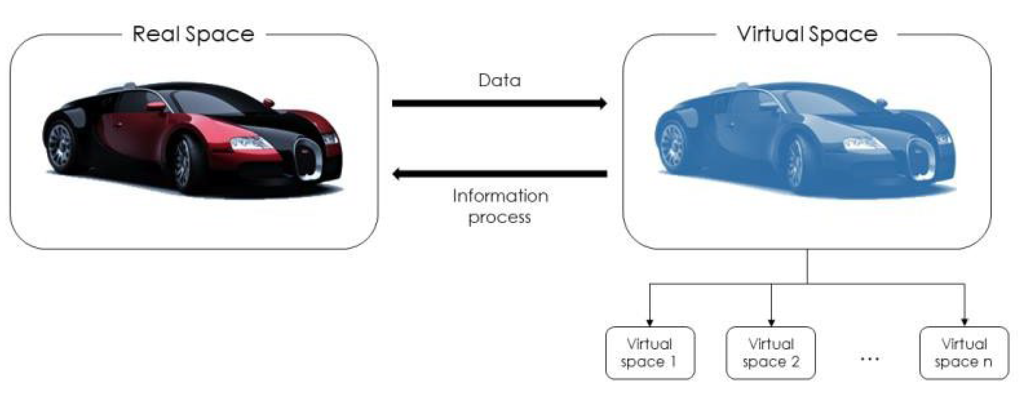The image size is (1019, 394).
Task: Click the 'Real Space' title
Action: (x=193, y=34)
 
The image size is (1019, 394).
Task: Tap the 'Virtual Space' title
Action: (x=807, y=34)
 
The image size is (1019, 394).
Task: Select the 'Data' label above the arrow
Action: (x=500, y=80)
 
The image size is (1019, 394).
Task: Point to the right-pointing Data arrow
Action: (x=499, y=103)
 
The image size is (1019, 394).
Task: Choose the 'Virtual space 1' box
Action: (x=650, y=353)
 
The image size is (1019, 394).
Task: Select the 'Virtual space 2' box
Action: (x=771, y=353)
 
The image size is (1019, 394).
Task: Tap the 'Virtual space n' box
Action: (x=964, y=353)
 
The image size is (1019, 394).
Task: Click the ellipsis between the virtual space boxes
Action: (x=870, y=359)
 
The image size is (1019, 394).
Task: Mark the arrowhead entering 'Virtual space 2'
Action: (x=771, y=322)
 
